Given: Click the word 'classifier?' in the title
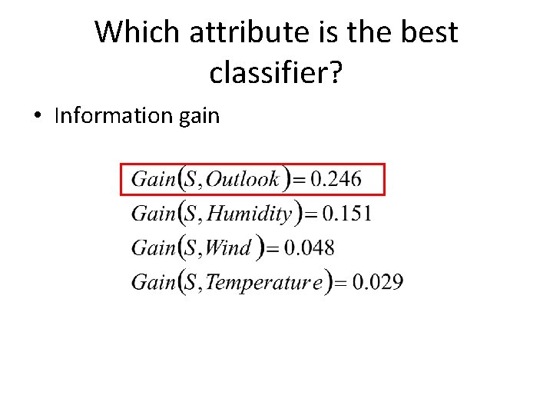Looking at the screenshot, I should pyautogui.click(x=276, y=72).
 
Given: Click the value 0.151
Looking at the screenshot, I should pyautogui.click(x=346, y=214).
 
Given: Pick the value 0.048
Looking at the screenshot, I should pyautogui.click(x=309, y=247).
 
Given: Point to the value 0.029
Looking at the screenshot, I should pyautogui.click(x=377, y=282).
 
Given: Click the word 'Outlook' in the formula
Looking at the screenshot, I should pyautogui.click(x=243, y=180).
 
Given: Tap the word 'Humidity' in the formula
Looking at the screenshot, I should pyautogui.click(x=250, y=214).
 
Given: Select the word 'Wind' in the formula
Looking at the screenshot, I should pyautogui.click(x=228, y=247).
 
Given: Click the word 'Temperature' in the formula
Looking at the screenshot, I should pyautogui.click(x=263, y=282).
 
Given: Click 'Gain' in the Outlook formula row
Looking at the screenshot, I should pyautogui.click(x=154, y=180).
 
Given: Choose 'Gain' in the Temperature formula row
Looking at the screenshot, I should pyautogui.click(x=154, y=282).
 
